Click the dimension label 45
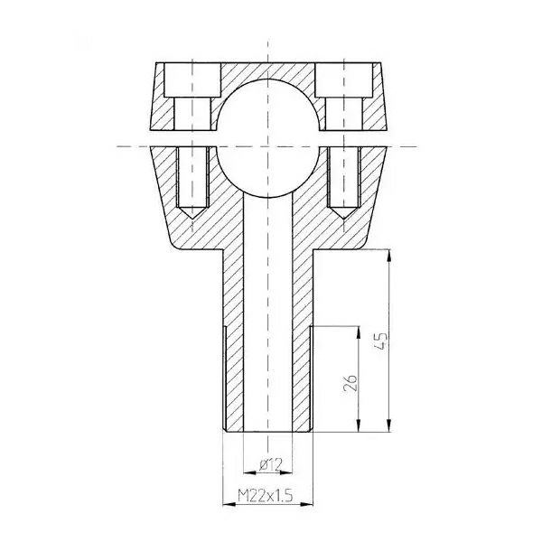click(x=380, y=341)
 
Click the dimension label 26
click(x=350, y=382)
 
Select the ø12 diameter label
click(x=271, y=464)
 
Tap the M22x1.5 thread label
click(x=266, y=496)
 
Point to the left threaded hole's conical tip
click(x=192, y=218)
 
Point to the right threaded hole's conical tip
click(x=343, y=218)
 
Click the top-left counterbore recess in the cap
click(x=192, y=79)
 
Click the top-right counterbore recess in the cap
click(x=343, y=79)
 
